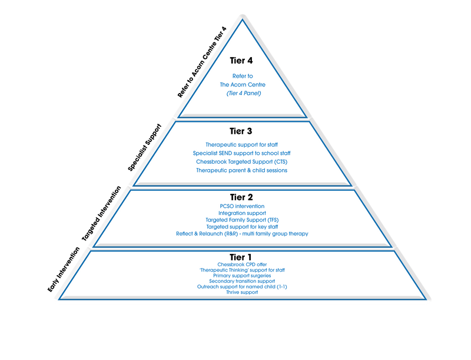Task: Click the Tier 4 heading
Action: click(x=241, y=61)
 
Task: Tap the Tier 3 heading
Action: click(x=241, y=131)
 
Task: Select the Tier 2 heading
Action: click(x=241, y=197)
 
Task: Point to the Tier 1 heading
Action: click(x=240, y=257)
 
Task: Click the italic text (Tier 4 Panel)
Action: click(x=244, y=93)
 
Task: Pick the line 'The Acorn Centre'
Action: click(x=243, y=85)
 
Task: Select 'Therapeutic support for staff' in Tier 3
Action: click(x=241, y=145)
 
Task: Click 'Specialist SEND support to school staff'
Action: click(x=241, y=153)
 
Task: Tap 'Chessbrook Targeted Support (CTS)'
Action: click(x=241, y=161)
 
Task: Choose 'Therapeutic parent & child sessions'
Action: click(x=241, y=170)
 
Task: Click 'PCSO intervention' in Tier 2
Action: click(x=242, y=206)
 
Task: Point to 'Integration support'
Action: click(x=242, y=213)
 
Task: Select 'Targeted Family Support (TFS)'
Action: click(x=242, y=220)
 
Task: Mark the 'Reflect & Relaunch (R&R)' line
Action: click(x=242, y=234)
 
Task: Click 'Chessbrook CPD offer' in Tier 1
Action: click(x=242, y=265)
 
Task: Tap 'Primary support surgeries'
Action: click(x=242, y=276)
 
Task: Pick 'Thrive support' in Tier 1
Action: click(x=242, y=292)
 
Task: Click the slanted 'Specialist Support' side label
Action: click(x=145, y=147)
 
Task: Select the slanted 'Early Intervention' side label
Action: click(x=64, y=269)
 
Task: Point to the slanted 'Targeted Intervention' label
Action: click(x=101, y=213)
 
